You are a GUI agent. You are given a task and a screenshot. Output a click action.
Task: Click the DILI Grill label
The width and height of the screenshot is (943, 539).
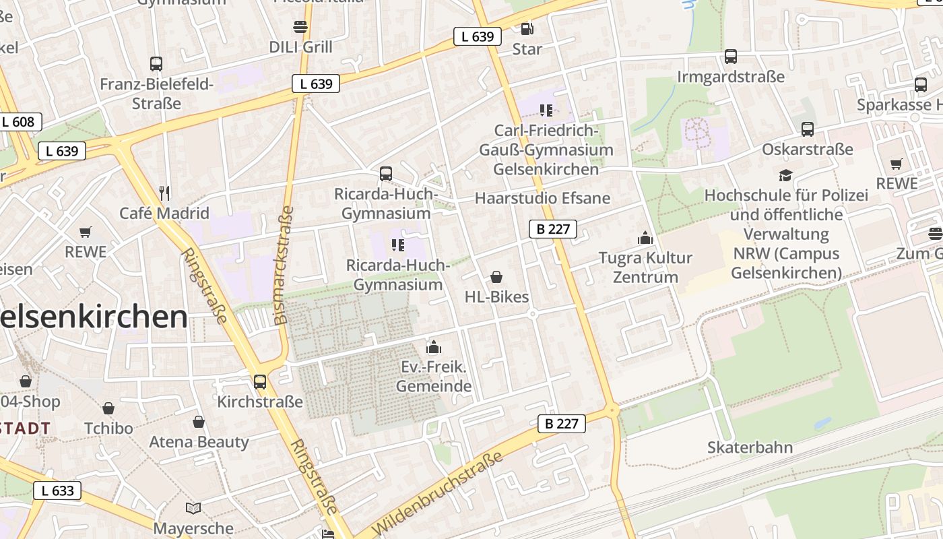coord(300,47)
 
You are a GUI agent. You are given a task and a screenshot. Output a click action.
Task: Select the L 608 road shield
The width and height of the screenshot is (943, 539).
coord(18,122)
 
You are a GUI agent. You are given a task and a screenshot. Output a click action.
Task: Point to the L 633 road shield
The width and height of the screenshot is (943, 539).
coord(57,490)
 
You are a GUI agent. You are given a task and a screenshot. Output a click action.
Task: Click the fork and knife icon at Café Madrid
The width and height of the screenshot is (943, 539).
coord(164,193)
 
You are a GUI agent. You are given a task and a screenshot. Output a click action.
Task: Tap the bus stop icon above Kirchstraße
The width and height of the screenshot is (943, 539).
coord(260,382)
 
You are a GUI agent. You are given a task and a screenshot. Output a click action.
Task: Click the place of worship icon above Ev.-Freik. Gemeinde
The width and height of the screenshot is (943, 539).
coord(434,347)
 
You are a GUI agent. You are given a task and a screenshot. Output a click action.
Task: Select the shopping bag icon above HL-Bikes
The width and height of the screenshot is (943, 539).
coord(496,277)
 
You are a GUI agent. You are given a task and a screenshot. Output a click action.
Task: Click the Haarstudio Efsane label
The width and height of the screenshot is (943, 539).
coord(542,198)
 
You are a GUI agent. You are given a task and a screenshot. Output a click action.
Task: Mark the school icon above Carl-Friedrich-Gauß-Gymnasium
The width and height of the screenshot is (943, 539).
coord(546,110)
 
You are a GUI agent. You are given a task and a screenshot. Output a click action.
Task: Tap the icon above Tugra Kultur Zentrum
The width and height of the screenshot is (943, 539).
coord(645,238)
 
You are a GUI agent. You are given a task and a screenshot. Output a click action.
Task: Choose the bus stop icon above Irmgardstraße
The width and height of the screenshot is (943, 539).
coord(731,57)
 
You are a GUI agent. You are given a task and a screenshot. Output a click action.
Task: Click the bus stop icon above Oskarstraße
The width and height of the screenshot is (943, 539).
coord(807,129)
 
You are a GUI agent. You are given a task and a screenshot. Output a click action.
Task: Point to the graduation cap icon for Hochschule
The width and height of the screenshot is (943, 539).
coord(785,175)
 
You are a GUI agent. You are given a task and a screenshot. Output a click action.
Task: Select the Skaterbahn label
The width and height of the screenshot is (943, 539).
coord(750,447)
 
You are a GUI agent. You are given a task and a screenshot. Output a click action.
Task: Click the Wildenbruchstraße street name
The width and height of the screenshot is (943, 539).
coord(438,493)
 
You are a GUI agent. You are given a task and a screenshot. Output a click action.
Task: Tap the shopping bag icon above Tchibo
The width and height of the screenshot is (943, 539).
coord(108,408)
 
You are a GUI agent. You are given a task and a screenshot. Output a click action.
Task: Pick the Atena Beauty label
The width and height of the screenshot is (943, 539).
coord(199,442)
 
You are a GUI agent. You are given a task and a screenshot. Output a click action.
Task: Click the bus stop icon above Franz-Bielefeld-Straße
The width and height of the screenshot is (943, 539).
coord(156,64)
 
